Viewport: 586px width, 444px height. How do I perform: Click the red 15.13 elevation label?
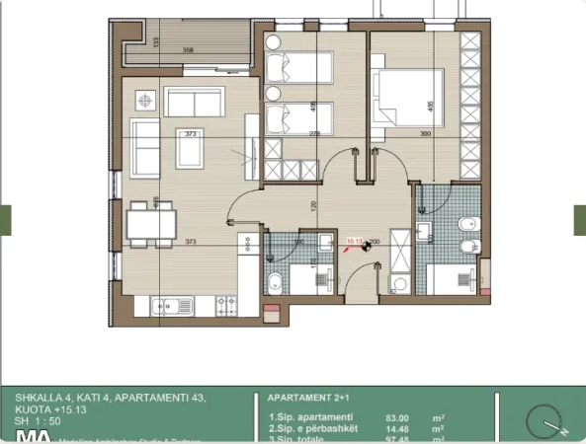[354, 238]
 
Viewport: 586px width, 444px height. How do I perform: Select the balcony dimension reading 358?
[187, 49]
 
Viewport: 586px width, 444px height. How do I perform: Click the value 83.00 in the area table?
[398, 417]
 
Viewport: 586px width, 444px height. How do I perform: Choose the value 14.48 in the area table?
[398, 427]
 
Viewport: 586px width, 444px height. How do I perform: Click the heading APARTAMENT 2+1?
[300, 398]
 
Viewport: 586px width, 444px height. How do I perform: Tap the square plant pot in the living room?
[148, 100]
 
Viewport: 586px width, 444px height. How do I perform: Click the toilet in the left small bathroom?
[276, 283]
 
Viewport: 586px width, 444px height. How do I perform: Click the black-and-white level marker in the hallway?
[366, 248]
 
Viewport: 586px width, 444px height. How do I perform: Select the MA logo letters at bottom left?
[30, 437]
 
